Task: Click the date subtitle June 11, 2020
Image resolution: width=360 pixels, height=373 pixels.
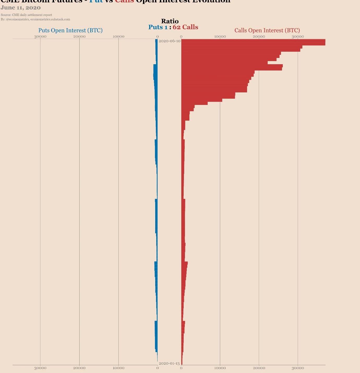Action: coord(21,8)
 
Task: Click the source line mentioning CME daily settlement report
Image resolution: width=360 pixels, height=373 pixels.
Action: coord(26,15)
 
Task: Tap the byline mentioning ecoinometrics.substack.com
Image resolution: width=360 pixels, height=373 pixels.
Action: coord(35,19)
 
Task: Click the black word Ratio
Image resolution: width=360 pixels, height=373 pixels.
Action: coord(170,21)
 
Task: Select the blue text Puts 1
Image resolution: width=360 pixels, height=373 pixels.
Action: coord(158,27)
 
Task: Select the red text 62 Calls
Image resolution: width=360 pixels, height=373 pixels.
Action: coord(185,27)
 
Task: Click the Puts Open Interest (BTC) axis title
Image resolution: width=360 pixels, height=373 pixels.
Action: coord(70,30)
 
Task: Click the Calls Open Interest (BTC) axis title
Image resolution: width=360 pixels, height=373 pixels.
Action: coord(267,30)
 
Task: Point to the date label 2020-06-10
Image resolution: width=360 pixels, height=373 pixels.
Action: coord(170,41)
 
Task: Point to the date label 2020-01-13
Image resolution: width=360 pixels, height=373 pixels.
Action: coord(169,363)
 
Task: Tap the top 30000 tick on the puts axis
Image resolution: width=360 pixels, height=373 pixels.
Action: coord(40,37)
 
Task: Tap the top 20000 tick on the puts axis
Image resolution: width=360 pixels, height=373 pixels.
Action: coord(79,37)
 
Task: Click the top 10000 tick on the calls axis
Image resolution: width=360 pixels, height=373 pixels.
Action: coord(220,37)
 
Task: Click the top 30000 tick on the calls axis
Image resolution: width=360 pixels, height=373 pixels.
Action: coord(298,37)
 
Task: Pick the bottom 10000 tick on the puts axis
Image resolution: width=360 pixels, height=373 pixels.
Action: coord(118,368)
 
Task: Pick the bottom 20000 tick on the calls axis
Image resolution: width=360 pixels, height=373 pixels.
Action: coord(259,368)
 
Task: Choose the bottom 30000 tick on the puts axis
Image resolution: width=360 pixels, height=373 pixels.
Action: coord(40,368)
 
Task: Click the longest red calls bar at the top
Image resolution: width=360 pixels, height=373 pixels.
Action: coord(253,42)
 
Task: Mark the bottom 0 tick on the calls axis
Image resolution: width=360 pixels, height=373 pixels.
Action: coord(181,368)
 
